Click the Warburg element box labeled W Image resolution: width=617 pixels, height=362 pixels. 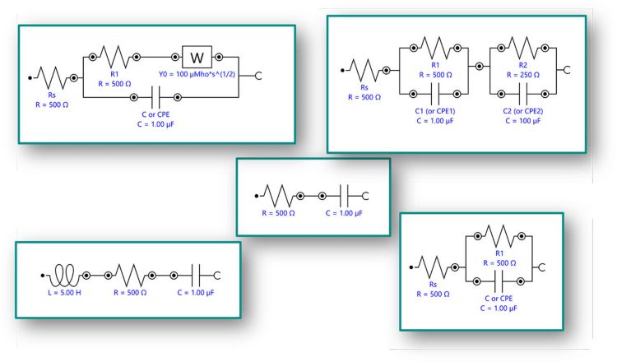[197, 57]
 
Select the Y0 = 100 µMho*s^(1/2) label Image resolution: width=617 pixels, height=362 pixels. [197, 74]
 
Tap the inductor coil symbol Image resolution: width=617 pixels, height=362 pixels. [63, 276]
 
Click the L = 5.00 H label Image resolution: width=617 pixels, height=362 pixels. [64, 293]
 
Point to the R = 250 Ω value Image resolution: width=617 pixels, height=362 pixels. [523, 75]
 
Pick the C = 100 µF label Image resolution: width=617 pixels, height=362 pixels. [523, 121]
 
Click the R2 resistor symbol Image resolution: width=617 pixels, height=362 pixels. [523, 48]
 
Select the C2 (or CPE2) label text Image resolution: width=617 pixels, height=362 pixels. [523, 111]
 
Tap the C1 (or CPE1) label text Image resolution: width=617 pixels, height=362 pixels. [435, 111]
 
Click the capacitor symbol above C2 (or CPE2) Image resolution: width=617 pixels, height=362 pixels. [523, 94]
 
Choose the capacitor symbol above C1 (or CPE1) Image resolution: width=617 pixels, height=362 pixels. [435, 94]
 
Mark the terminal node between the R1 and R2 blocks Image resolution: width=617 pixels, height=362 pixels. [480, 67]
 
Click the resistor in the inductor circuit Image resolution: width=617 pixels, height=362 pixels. [130, 276]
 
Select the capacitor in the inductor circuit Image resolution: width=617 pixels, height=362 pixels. [196, 276]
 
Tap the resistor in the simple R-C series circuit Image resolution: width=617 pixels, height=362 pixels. [278, 196]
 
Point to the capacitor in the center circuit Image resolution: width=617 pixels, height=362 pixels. [345, 196]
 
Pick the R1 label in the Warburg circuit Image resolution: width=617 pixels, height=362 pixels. [114, 74]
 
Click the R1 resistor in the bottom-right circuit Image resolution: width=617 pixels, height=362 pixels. [499, 236]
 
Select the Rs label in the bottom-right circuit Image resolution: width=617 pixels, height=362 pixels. [433, 285]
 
